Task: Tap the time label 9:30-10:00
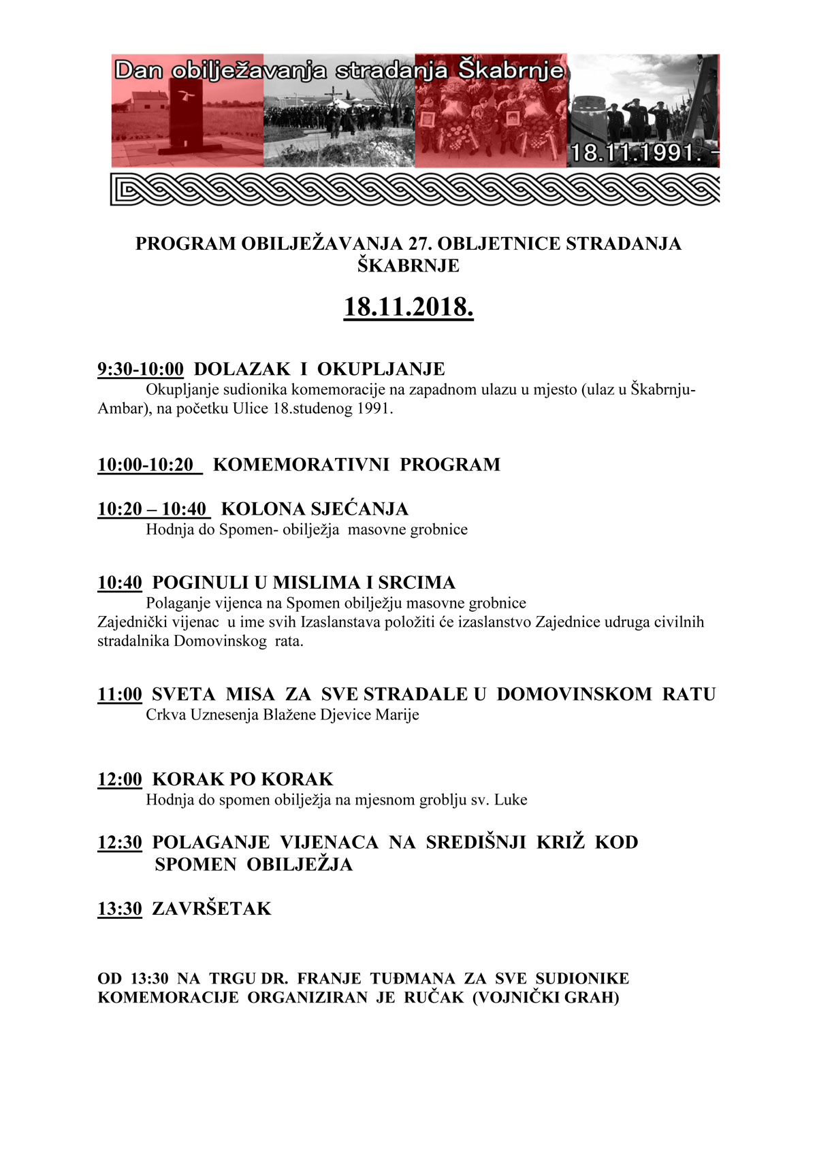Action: coord(140,369)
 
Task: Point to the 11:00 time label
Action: coord(120,694)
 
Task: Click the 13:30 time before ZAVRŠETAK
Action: coord(120,909)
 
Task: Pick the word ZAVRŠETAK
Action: coord(212,909)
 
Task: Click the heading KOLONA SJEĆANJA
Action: coord(315,509)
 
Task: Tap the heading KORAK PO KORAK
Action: coord(242,779)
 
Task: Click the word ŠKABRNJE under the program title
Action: coord(408,265)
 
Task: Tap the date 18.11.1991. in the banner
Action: coord(636,152)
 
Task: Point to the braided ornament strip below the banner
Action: coord(415,189)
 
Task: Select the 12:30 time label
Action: coord(120,843)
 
